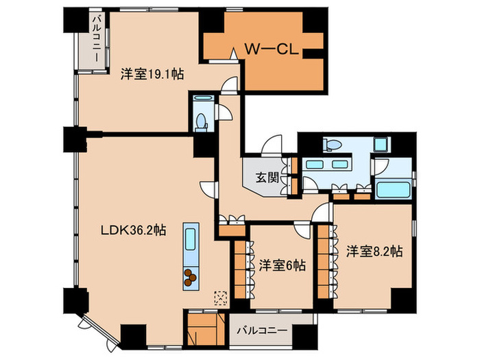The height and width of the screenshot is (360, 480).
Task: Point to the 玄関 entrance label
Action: click(x=267, y=178)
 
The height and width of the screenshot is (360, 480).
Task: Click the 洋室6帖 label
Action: click(x=282, y=265)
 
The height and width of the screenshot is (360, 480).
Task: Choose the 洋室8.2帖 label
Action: click(x=373, y=250)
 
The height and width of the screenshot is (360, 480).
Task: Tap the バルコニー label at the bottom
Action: click(x=263, y=330)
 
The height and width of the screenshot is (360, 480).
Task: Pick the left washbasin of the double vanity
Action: click(x=316, y=165)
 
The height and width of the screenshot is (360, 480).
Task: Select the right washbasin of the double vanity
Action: click(x=339, y=165)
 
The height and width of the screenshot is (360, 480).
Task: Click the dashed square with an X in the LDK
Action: click(x=220, y=296)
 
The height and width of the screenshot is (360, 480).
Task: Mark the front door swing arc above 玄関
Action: click(x=273, y=145)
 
